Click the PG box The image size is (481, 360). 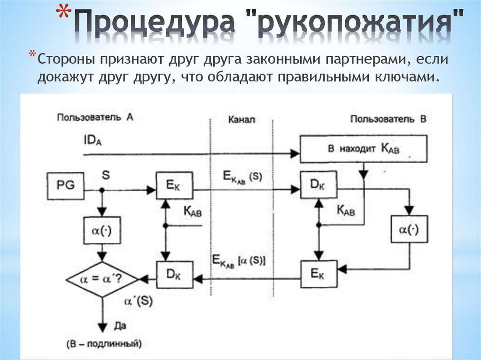66,185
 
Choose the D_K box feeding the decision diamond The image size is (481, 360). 175,274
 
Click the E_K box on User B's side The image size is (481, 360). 319,274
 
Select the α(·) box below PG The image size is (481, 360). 102,230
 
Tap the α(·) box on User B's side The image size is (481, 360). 409,230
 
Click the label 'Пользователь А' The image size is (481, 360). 95,117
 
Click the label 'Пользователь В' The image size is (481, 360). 388,119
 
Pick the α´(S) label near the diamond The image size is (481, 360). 138,302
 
